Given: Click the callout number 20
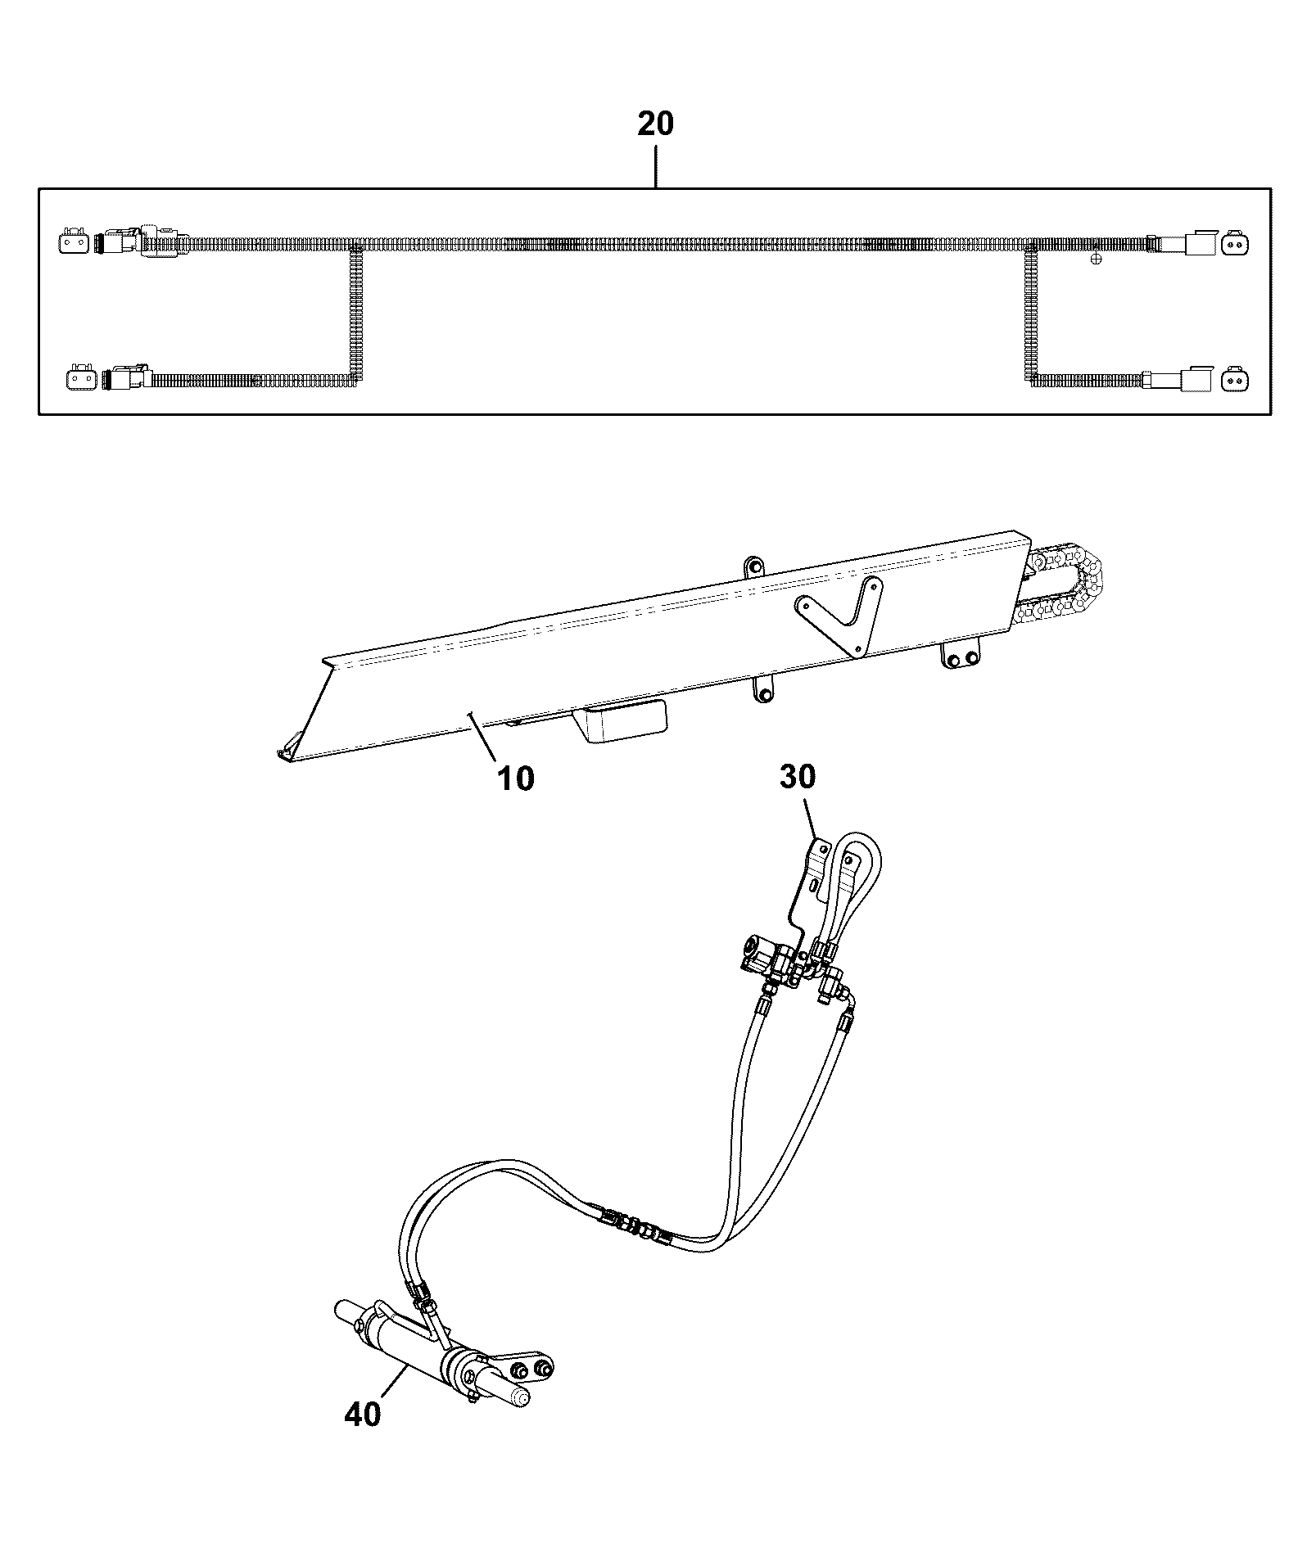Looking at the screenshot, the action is click(655, 124).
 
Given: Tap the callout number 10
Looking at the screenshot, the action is click(516, 778).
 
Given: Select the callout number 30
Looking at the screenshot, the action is click(798, 776).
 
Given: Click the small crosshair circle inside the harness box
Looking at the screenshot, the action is click(1097, 259).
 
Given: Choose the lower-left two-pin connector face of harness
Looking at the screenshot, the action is click(78, 380).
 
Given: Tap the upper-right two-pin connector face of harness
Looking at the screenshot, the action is click(1233, 243).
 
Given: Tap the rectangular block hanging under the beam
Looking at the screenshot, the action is click(622, 720).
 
